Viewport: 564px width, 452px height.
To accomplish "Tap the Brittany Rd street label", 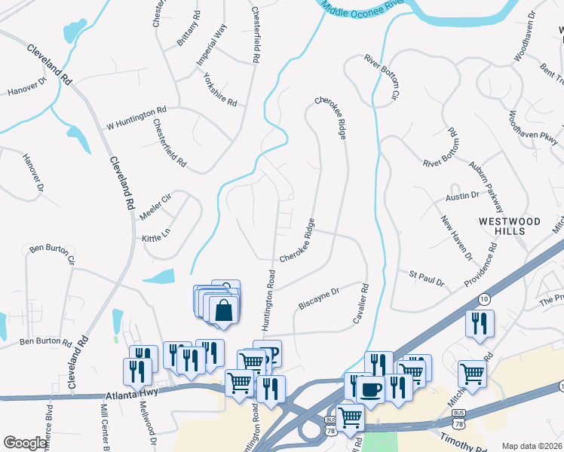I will (x=188, y=29).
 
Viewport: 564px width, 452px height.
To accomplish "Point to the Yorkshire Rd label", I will (x=219, y=89).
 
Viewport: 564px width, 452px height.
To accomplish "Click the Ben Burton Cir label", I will (x=52, y=253).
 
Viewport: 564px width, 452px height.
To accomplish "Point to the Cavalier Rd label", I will (x=360, y=304).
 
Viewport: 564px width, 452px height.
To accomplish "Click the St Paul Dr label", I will (x=426, y=279).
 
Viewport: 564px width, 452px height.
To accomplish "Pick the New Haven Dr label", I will (x=456, y=238).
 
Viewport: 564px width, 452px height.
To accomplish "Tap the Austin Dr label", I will (x=462, y=196).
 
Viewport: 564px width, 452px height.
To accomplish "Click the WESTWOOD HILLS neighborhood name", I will (x=510, y=226).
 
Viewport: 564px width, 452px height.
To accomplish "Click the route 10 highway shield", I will (x=483, y=278).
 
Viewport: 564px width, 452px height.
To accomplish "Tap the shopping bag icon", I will (x=224, y=310).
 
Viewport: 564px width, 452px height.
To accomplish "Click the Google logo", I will (x=25, y=443).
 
